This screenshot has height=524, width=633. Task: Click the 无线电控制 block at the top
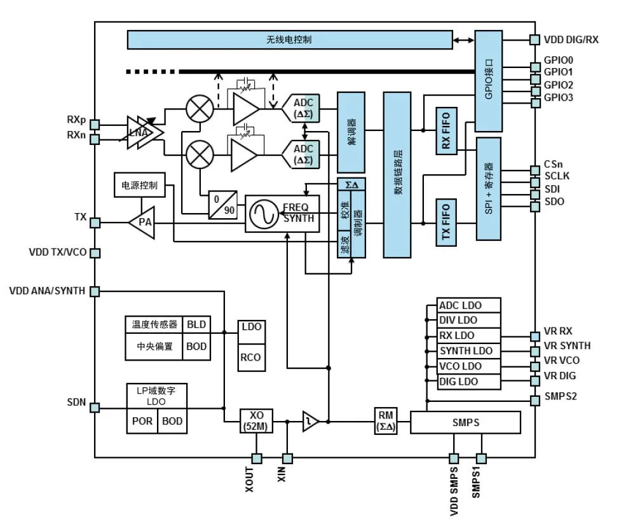[289, 39]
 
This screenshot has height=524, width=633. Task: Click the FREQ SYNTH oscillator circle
[262, 214]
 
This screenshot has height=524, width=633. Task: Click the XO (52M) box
[257, 421]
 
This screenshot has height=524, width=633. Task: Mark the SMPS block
[465, 422]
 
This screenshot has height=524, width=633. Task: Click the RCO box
[250, 357]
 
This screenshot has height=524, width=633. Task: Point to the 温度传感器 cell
[154, 324]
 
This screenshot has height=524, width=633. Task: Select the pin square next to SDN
[95, 406]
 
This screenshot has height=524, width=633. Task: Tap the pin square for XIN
[287, 458]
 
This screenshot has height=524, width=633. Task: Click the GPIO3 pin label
[558, 98]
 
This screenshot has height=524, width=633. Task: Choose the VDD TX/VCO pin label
[57, 252]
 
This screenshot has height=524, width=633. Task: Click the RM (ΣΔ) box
[386, 421]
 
